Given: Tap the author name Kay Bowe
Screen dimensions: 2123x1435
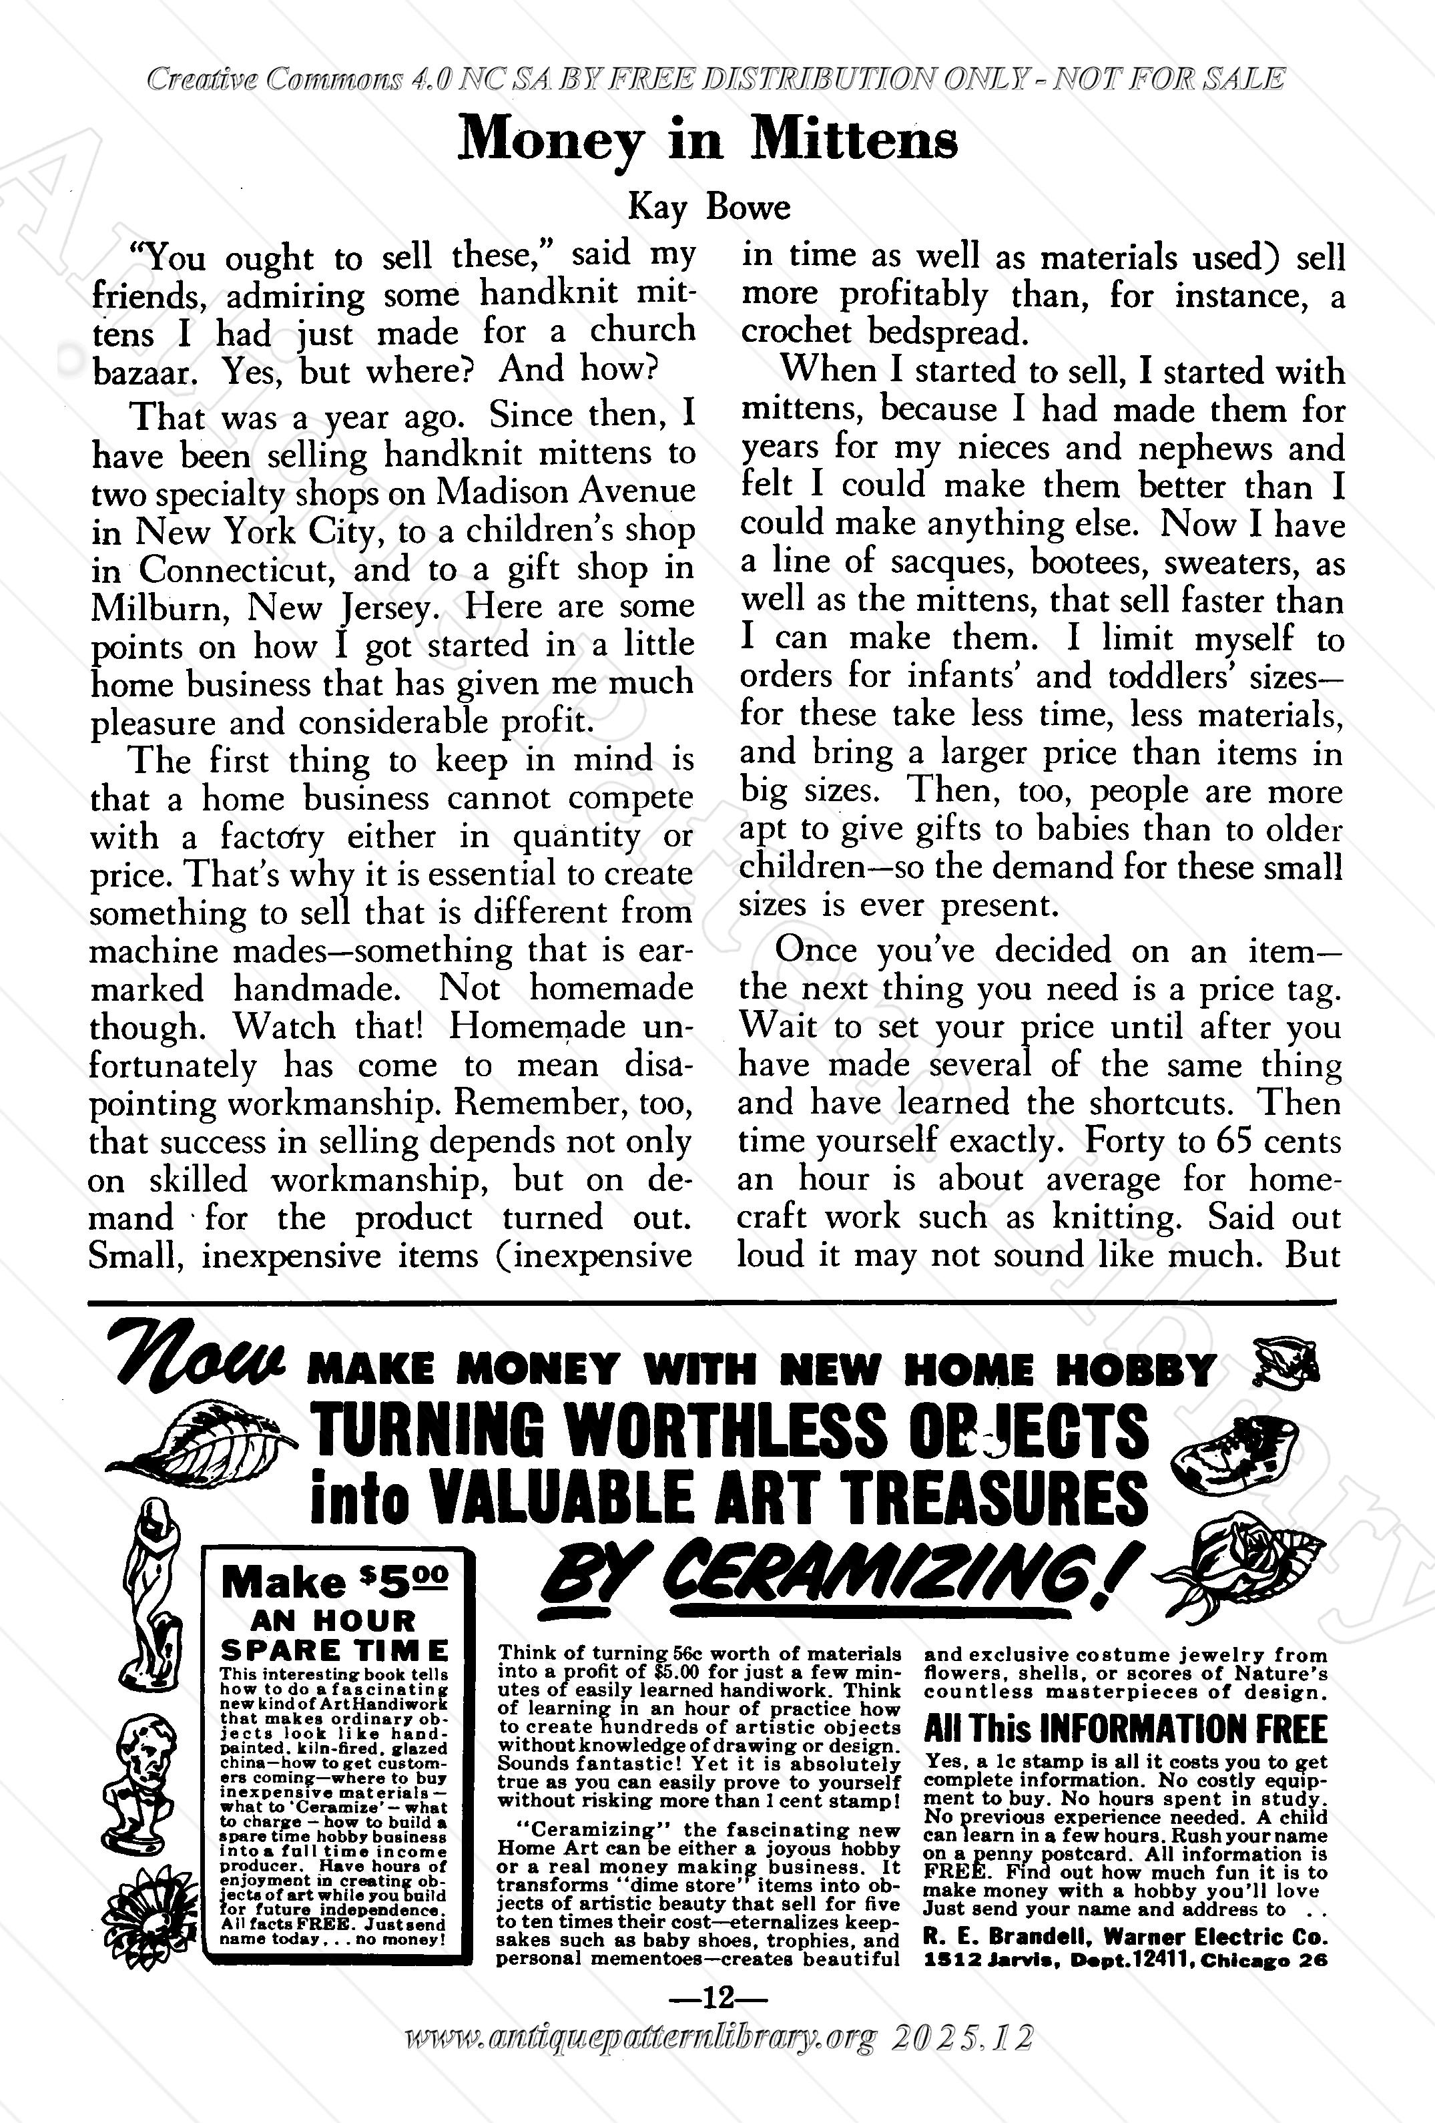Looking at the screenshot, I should tap(708, 208).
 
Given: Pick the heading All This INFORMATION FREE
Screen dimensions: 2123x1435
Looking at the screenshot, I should tap(1125, 1729).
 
